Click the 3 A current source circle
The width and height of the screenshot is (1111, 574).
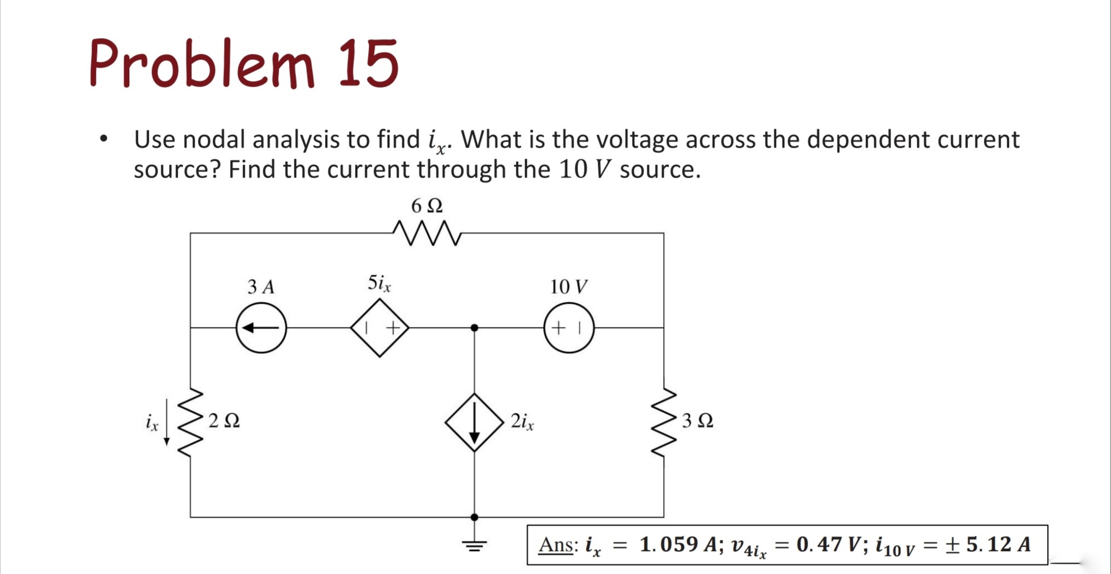(x=261, y=328)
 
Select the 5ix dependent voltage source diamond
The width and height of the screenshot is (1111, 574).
(x=380, y=328)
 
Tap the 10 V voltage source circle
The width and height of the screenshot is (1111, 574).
(x=568, y=328)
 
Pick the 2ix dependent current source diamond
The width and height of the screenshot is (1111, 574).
(x=474, y=422)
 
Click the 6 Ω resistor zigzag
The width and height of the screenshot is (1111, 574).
(x=427, y=233)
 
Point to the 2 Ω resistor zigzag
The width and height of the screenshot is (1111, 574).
(x=190, y=422)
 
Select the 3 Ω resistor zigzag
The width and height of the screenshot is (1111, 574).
(x=664, y=422)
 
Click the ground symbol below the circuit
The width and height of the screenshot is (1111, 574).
(x=474, y=545)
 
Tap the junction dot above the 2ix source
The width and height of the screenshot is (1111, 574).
(x=474, y=328)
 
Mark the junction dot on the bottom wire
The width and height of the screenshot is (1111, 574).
(x=474, y=517)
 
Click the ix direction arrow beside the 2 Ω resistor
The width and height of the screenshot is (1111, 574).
(x=167, y=422)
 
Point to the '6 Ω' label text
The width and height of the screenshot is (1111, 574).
(x=427, y=206)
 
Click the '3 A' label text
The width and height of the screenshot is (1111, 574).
(x=261, y=287)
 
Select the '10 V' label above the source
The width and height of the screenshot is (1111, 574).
(x=568, y=287)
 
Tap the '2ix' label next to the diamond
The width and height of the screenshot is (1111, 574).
(x=522, y=421)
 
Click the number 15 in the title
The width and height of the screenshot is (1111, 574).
(x=369, y=64)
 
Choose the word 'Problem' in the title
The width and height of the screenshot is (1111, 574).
(x=202, y=64)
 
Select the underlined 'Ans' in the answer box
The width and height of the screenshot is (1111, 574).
(x=556, y=545)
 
